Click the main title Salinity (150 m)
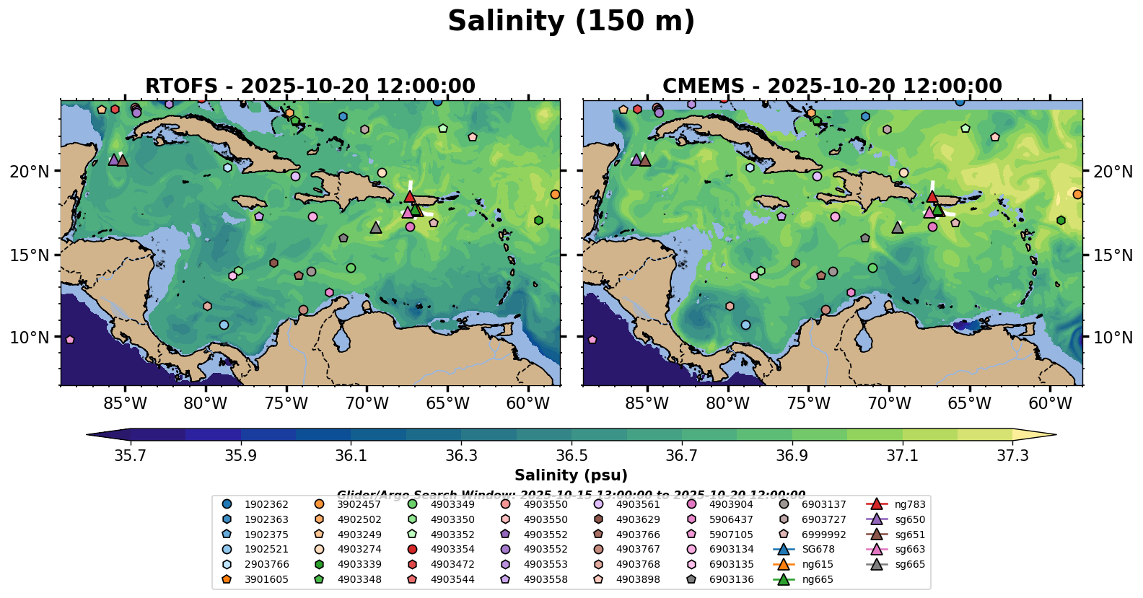coord(571,22)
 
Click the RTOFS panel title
coord(310,87)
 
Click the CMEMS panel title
coord(832,87)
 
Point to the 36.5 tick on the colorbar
coord(571,455)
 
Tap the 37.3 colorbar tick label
coord(1012,455)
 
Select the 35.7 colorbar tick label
coord(131,455)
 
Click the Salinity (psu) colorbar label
coord(571,475)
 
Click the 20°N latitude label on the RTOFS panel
coord(30,172)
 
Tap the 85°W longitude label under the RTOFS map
coord(125,403)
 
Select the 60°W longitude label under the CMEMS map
coord(1050,403)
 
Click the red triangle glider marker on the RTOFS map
coord(410,196)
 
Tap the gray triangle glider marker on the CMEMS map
coord(897,228)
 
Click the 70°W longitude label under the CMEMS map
coord(889,403)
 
